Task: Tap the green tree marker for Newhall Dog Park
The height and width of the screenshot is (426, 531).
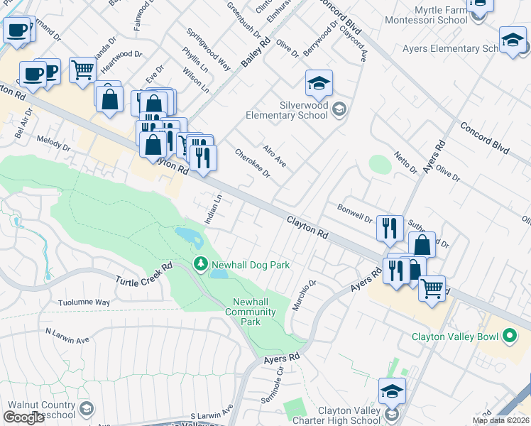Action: pos(201,265)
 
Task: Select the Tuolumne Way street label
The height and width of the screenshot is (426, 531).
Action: pos(84,302)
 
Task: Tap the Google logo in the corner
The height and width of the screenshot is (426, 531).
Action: pos(23,417)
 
